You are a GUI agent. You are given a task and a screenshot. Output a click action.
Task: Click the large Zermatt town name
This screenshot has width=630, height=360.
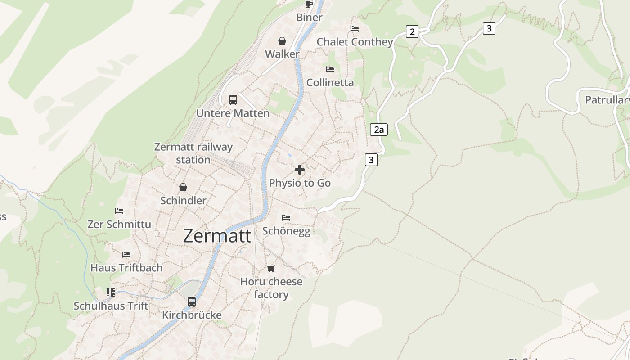(x=217, y=236)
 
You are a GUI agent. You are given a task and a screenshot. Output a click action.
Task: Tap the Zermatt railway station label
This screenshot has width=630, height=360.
(x=193, y=153)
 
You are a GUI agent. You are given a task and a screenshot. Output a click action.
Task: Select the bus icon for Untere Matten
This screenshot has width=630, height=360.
(x=233, y=100)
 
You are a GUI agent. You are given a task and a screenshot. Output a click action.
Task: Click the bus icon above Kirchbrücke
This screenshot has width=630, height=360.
(x=192, y=302)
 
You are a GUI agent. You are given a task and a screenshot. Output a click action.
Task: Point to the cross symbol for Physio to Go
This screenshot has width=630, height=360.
(x=300, y=170)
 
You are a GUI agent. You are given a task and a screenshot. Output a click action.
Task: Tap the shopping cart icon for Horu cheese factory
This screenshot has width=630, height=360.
(x=271, y=269)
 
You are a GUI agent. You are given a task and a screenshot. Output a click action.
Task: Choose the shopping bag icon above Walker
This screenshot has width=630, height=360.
(x=282, y=41)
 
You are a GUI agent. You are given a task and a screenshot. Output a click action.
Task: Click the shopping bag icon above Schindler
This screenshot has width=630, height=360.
(x=183, y=187)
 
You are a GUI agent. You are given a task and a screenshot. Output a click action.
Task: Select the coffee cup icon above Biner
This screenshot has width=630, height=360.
(x=309, y=4)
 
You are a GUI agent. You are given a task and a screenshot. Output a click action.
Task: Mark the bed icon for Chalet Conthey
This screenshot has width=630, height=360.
(x=355, y=29)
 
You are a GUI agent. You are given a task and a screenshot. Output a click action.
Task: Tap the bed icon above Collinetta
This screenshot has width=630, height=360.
(x=330, y=69)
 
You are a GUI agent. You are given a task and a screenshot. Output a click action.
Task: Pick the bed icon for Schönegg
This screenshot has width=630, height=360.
(x=286, y=218)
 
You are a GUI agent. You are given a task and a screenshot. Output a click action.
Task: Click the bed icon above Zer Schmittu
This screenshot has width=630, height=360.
(x=119, y=211)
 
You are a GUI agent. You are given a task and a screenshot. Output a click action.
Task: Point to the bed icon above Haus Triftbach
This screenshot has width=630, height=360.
(x=126, y=255)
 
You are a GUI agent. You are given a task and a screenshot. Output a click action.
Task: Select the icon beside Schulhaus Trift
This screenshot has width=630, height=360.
(x=111, y=292)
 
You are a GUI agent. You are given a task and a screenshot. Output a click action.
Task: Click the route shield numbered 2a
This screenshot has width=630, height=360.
(x=379, y=130)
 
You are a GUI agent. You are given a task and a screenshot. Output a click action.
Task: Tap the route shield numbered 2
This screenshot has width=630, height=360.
(x=412, y=31)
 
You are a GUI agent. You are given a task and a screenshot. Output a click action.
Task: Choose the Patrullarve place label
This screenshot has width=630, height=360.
(x=607, y=100)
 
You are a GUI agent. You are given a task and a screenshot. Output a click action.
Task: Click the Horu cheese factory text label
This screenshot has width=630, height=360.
(x=271, y=288)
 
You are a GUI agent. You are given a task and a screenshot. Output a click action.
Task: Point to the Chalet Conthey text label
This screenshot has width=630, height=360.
(x=355, y=42)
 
